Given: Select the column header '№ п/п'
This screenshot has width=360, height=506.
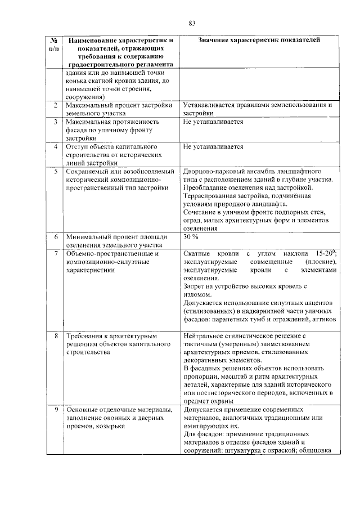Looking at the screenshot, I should pyautogui.click(x=53, y=44).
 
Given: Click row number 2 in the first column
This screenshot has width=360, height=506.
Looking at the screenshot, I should pyautogui.click(x=55, y=105).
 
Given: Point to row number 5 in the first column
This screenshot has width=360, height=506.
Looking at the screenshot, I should pyautogui.click(x=55, y=171).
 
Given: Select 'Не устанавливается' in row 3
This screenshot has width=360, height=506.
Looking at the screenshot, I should pyautogui.click(x=213, y=121).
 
